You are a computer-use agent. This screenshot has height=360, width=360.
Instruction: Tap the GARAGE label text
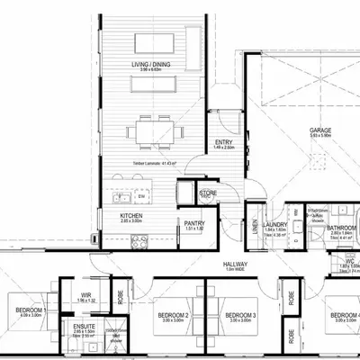pos(321,130)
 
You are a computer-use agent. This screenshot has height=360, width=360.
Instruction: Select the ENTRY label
pos(224,142)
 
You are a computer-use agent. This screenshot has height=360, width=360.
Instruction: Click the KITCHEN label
pos(132,216)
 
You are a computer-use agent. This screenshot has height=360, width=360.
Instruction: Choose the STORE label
pos(209,191)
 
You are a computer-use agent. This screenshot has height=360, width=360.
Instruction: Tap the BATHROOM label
pos(342,228)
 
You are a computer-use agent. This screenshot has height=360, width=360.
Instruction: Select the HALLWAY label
pos(236,264)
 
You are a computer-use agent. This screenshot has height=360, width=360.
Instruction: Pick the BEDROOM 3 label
pos(241,314)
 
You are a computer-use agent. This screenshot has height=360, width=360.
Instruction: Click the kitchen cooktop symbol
pos(139,239)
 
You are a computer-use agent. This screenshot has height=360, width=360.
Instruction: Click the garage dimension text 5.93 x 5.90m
pos(321,137)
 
